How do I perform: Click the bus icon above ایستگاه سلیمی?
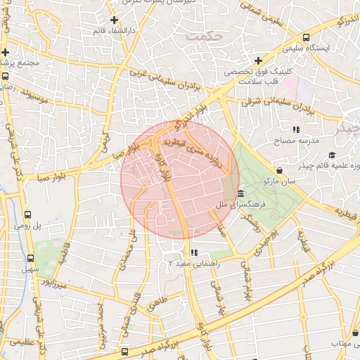pyautogui.click(x=306, y=38)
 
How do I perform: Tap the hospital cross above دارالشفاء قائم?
pyautogui.click(x=115, y=19)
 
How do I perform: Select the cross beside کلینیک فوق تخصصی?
pyautogui.click(x=258, y=61)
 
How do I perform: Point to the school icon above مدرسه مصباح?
pyautogui.click(x=296, y=129)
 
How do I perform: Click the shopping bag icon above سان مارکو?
pyautogui.click(x=280, y=169)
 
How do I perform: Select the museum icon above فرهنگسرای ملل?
pyautogui.click(x=241, y=193)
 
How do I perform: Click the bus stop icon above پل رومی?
pyautogui.click(x=27, y=215)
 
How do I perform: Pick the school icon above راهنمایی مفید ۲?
pyautogui.click(x=194, y=252)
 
